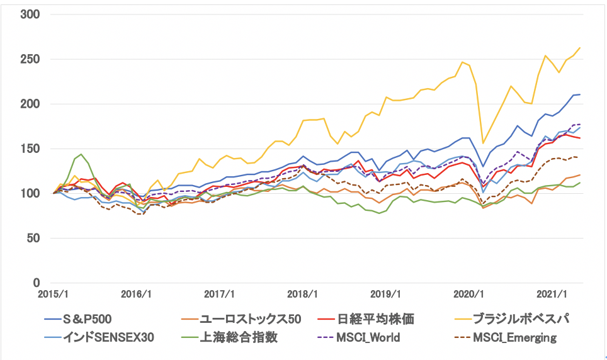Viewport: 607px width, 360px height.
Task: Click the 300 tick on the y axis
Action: coord(30,14)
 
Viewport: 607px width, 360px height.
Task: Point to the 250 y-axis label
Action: coord(30,59)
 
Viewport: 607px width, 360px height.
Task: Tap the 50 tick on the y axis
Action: coord(33,238)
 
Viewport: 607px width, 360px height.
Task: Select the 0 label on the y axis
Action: coord(37,283)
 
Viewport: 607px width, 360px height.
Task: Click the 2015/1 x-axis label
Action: coord(53,295)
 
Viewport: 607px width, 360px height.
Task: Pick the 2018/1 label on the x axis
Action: coord(302,295)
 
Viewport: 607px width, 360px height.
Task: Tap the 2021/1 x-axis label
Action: coord(552,295)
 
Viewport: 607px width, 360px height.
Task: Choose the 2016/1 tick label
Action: coord(136,295)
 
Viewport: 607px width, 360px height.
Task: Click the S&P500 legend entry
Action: coord(87,319)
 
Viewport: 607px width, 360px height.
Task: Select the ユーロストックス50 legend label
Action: coord(251,319)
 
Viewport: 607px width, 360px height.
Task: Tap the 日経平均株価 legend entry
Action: coord(375,319)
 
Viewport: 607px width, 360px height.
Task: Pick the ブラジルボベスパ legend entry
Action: coord(521,319)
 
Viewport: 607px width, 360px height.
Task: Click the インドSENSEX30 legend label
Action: coord(108,337)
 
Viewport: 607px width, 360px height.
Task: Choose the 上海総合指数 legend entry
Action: coord(239,337)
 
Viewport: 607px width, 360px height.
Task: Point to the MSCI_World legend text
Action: coord(368,337)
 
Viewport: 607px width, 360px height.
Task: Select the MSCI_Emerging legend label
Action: coord(515,337)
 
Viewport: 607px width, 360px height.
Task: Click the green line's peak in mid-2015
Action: coord(81,154)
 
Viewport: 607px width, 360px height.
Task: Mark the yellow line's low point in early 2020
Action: coord(483,143)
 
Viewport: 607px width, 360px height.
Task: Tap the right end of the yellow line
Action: coord(580,48)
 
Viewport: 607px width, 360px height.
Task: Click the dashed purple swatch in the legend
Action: coord(325,338)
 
